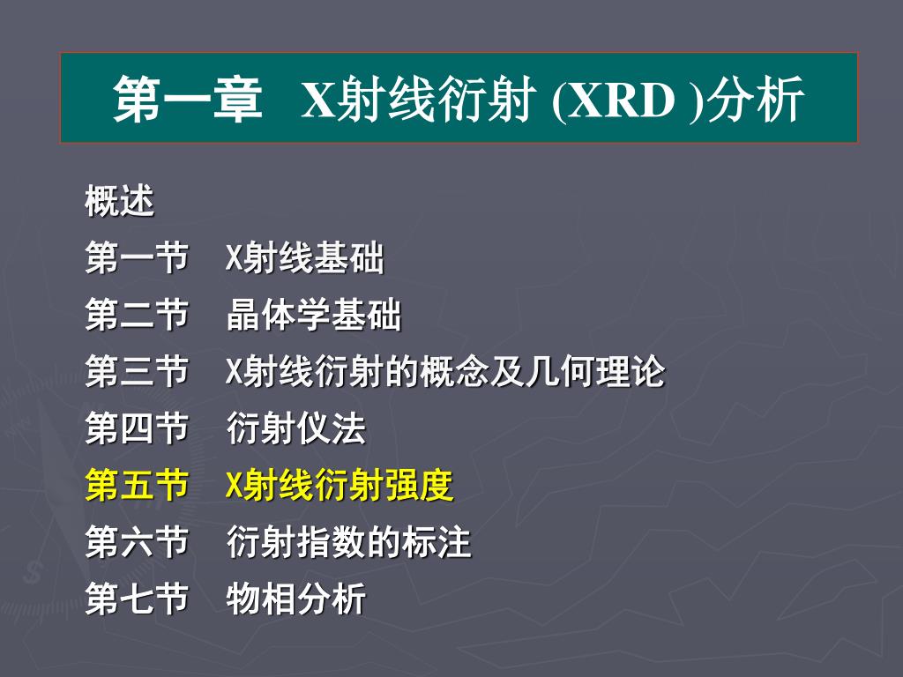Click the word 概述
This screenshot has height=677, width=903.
tap(119, 201)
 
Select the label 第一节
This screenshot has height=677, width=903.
tap(137, 257)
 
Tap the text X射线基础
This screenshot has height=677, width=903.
tap(304, 257)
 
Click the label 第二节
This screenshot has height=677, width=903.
tap(137, 315)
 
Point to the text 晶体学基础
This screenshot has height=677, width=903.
tap(314, 315)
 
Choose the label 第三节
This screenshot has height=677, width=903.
tap(137, 371)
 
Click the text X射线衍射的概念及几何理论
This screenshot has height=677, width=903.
tap(445, 371)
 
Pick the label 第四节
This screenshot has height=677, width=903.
tap(137, 428)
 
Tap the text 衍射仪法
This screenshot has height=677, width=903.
tap(296, 428)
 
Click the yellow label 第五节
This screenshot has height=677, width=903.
tap(137, 485)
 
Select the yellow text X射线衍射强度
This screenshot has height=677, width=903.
tap(340, 485)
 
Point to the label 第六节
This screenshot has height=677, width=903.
tap(137, 541)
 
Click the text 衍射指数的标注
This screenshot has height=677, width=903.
tap(349, 541)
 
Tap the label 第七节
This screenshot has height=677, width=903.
tap(137, 599)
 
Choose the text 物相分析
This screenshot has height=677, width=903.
tap(296, 599)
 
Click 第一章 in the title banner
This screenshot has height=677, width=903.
tap(188, 99)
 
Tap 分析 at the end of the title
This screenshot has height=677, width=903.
tap(755, 99)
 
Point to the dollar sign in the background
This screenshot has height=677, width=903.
tap(33, 571)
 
